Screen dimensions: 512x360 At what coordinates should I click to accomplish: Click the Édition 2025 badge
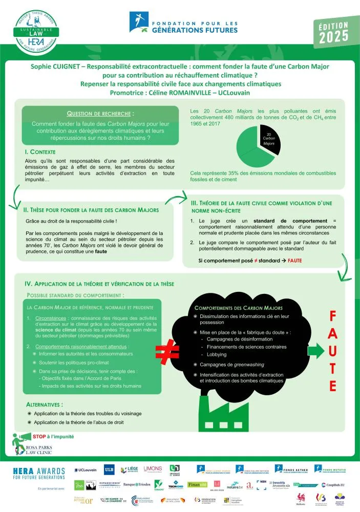pos(333,33)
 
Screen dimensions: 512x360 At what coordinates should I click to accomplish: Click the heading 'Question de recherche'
pos(101,114)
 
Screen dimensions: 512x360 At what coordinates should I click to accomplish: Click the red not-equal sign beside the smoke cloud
pos(171,351)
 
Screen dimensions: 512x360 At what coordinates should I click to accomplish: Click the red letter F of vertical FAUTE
pos(332,317)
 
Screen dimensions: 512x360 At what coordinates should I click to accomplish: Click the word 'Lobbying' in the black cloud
pos(217,354)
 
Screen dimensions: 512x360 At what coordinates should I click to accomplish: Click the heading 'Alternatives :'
pos(48,404)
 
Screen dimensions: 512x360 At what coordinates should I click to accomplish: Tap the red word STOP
pos(39,437)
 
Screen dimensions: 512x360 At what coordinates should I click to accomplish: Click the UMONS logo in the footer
pos(153,469)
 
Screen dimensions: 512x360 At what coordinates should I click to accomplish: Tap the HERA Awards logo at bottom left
pos(39,473)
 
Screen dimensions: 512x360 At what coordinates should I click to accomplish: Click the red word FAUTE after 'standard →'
pos(295,261)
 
